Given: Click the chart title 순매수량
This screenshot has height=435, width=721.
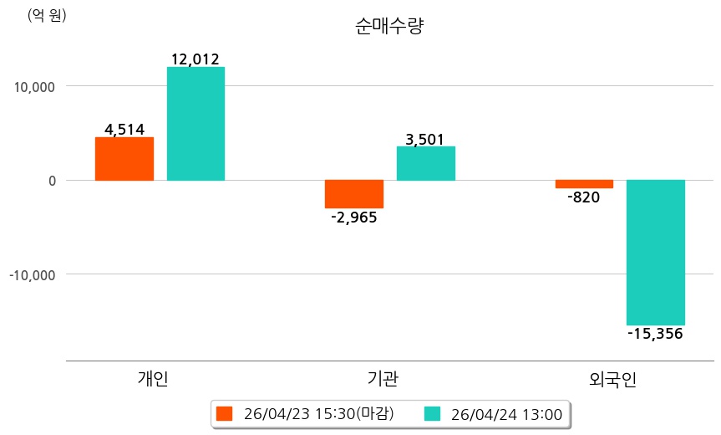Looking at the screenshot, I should click(x=390, y=26).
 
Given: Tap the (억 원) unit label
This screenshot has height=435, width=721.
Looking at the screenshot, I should click(x=47, y=15).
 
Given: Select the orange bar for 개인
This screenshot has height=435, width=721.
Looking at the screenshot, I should click(x=124, y=159).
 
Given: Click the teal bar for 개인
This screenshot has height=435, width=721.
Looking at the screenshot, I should click(x=195, y=124).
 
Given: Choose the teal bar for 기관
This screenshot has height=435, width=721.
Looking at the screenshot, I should click(x=425, y=163).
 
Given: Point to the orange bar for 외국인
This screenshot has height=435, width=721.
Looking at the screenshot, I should click(x=584, y=184).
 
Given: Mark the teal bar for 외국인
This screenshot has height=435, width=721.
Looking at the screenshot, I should click(x=656, y=252).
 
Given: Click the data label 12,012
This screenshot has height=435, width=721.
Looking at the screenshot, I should click(x=195, y=59).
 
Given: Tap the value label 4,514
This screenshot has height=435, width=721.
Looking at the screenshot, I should click(x=124, y=129).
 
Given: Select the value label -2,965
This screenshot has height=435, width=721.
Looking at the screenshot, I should click(x=354, y=217).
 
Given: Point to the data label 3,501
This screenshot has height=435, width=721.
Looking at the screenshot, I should click(x=424, y=139).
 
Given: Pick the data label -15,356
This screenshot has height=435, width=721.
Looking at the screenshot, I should click(x=655, y=334).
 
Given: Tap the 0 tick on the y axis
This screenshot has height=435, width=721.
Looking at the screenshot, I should click(x=51, y=180).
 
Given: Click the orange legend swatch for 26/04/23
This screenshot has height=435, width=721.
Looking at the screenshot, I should click(x=224, y=413).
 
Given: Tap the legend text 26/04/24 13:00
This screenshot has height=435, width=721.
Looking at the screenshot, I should click(x=505, y=413).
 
